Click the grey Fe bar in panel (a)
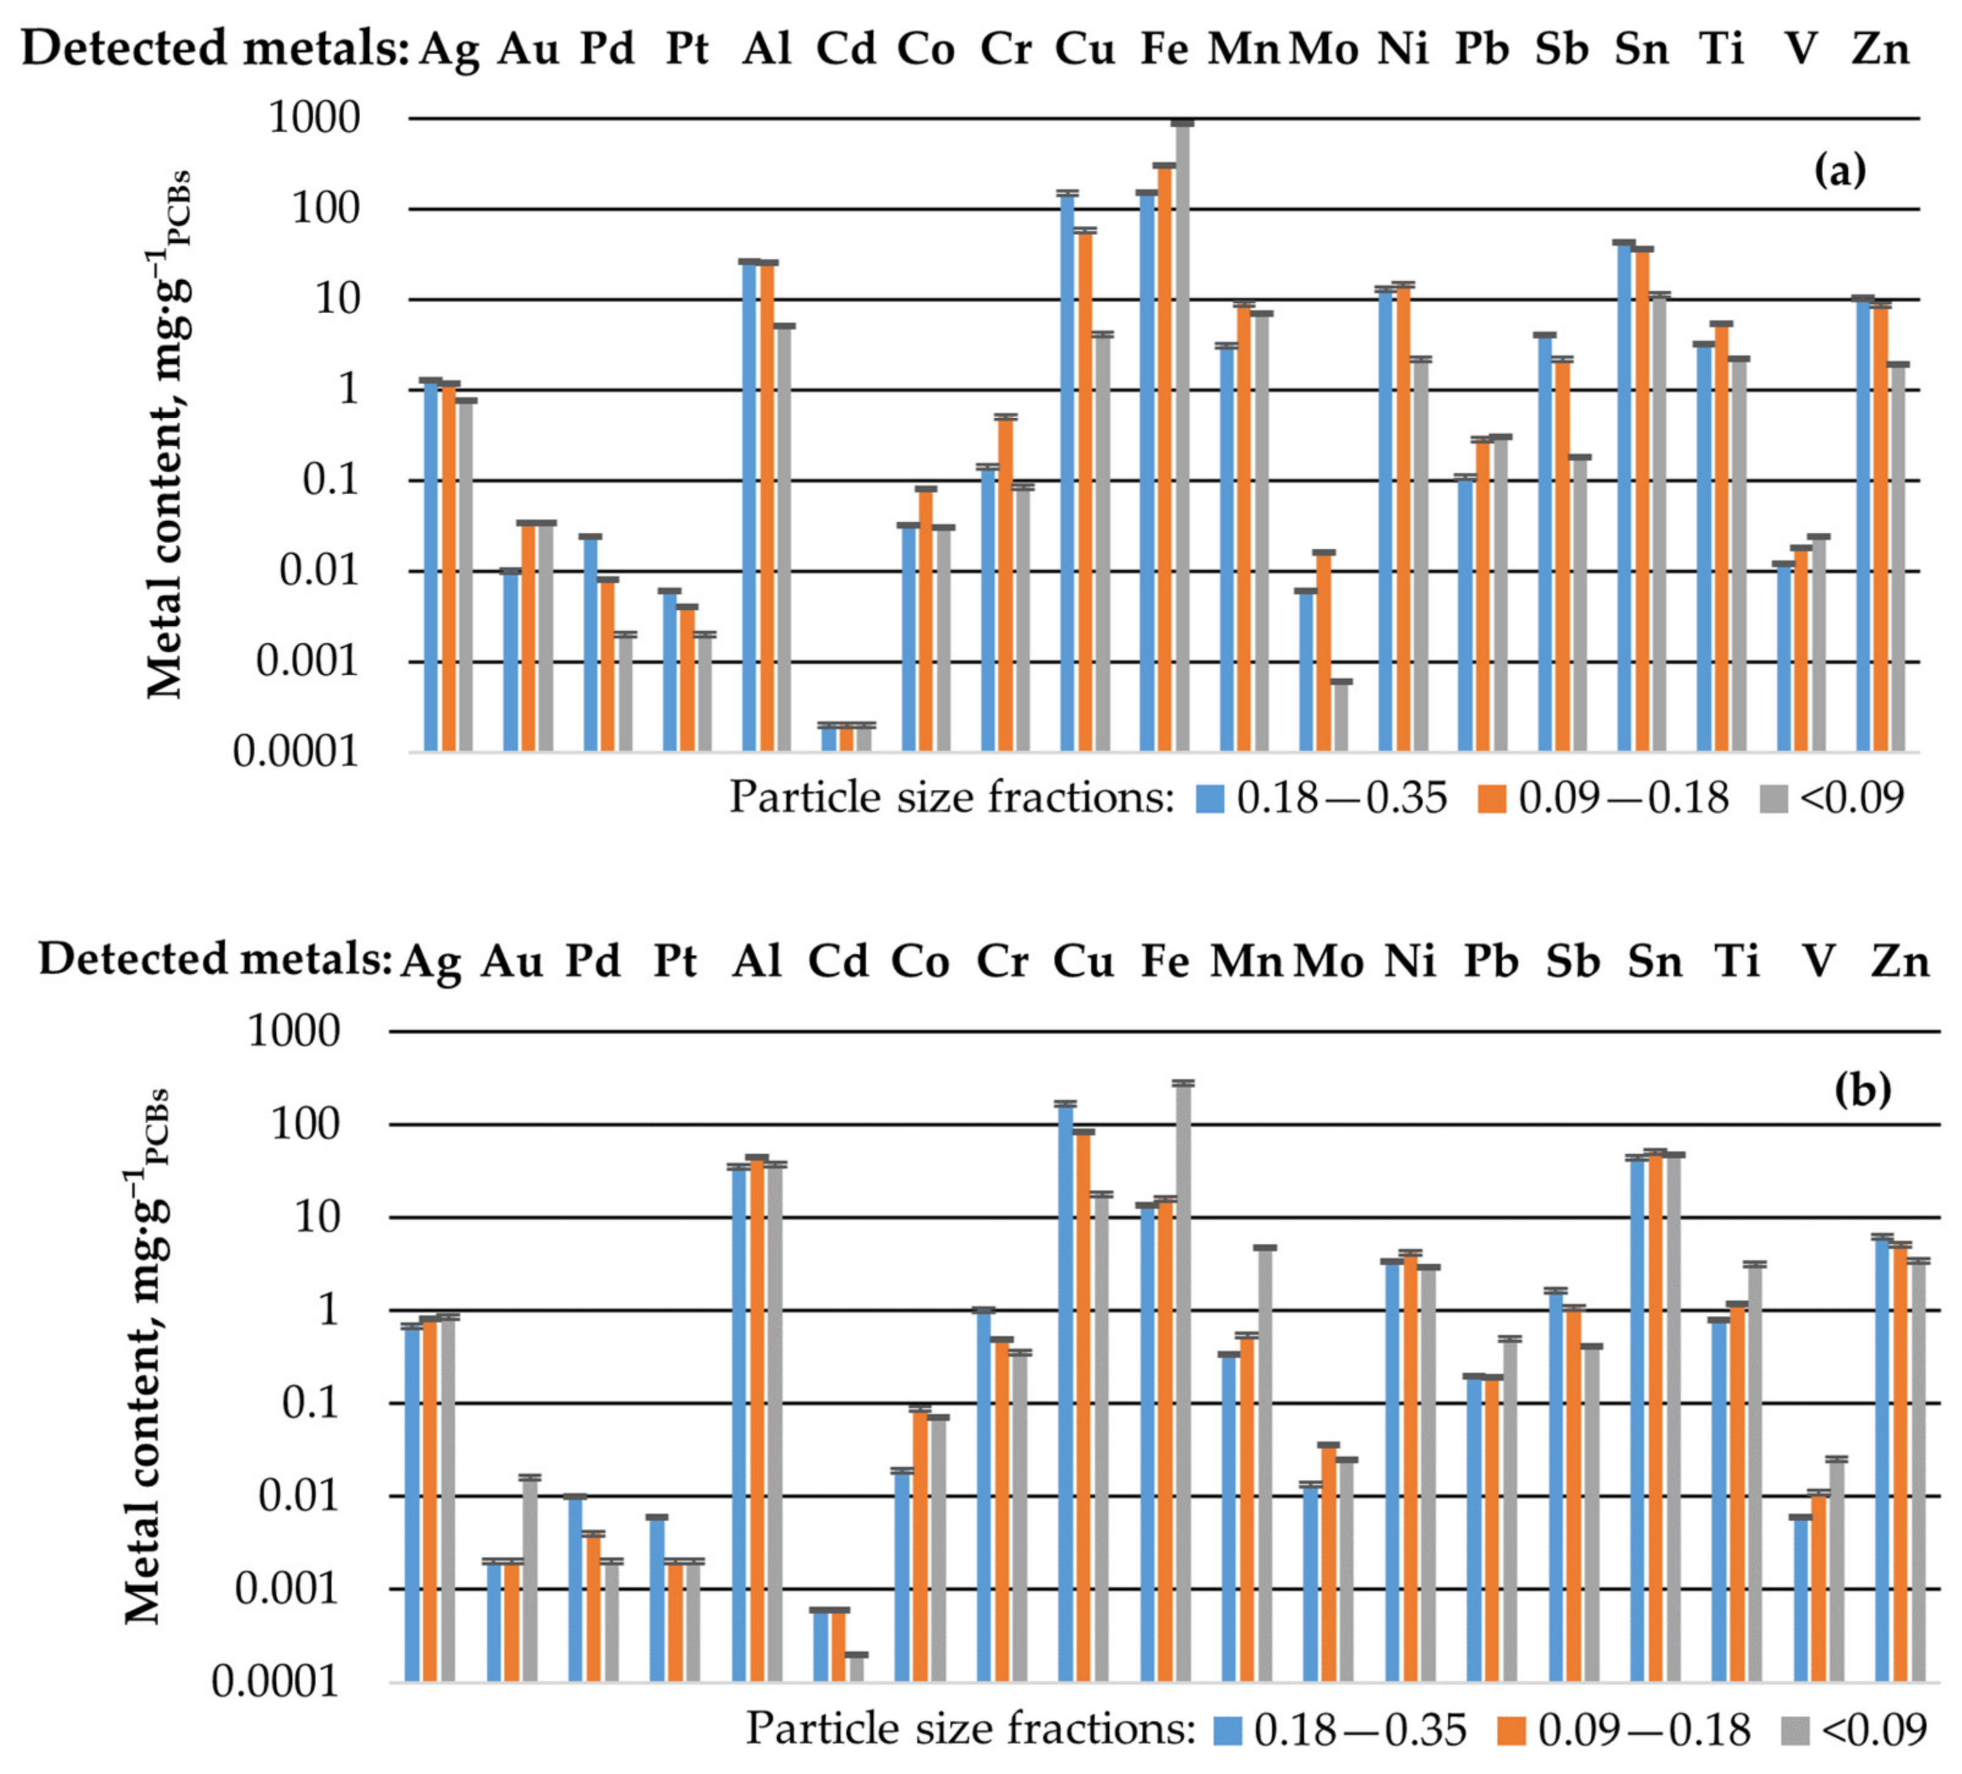1182,438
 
